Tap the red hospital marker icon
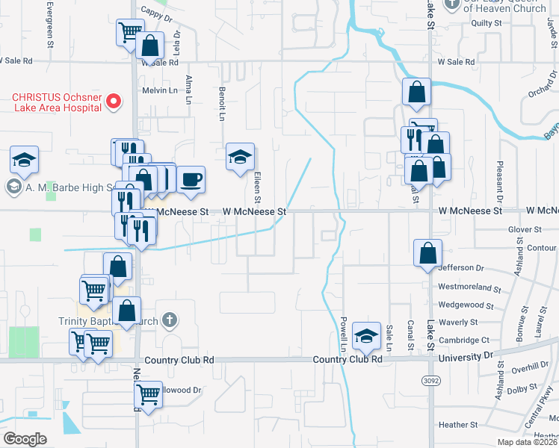pyautogui.click(x=114, y=102)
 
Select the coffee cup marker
pyautogui.click(x=191, y=180)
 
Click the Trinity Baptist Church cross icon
pyautogui.click(x=170, y=321)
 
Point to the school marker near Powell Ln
pyautogui.click(x=367, y=337)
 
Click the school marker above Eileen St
pyautogui.click(x=240, y=158)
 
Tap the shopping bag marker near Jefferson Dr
pyautogui.click(x=428, y=252)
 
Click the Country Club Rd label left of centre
pyautogui.click(x=180, y=360)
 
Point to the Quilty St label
pyautogui.click(x=486, y=23)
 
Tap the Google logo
pyautogui.click(x=25, y=439)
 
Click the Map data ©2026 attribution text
pyautogui.click(x=525, y=442)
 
